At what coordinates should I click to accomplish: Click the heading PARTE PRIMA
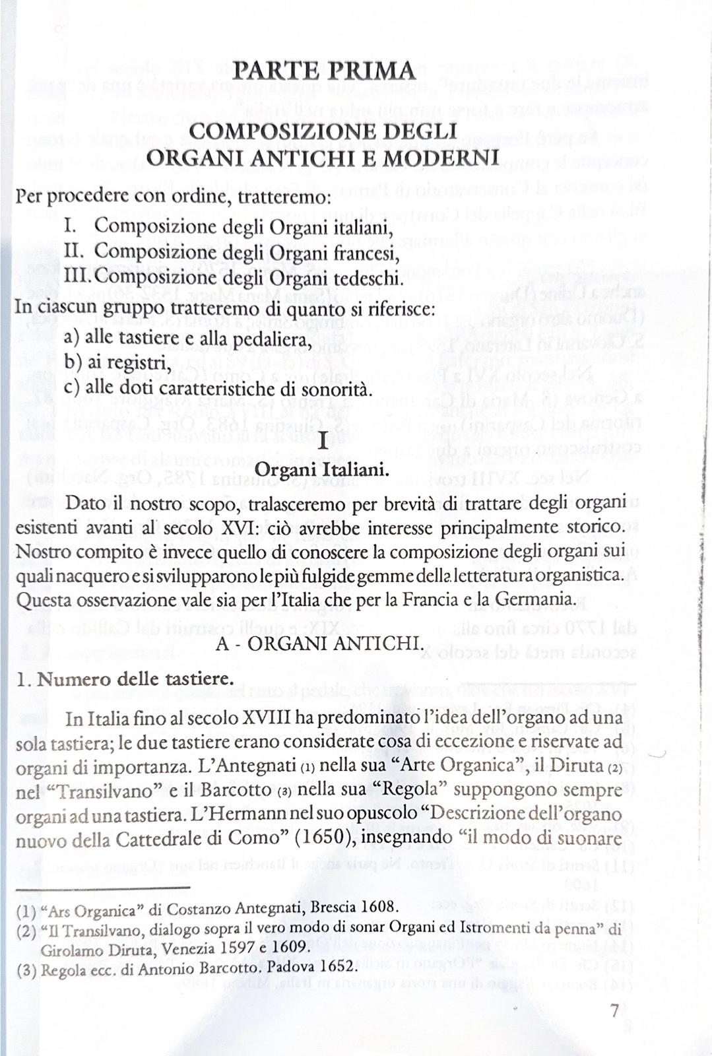click(x=325, y=71)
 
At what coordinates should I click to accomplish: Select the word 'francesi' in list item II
click(x=371, y=252)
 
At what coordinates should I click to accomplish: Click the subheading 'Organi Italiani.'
click(x=322, y=470)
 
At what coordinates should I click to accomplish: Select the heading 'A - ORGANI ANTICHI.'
click(x=319, y=643)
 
